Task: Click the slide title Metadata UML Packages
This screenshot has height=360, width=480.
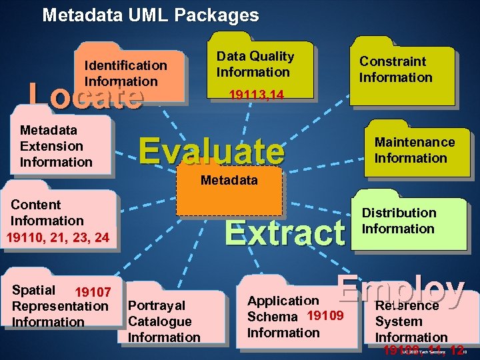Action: coord(150,15)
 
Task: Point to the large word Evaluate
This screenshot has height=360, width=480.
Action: coord(211,151)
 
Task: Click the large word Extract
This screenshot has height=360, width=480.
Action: coord(285,233)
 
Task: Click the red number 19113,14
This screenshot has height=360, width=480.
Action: coord(256,96)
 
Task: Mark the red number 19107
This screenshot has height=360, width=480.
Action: coord(93,292)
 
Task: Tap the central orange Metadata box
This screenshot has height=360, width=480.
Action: coord(229,189)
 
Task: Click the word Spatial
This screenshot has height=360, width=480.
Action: coord(34,290)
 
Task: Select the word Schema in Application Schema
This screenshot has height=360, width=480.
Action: coord(272,317)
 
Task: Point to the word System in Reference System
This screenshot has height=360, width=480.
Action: coord(398,321)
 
